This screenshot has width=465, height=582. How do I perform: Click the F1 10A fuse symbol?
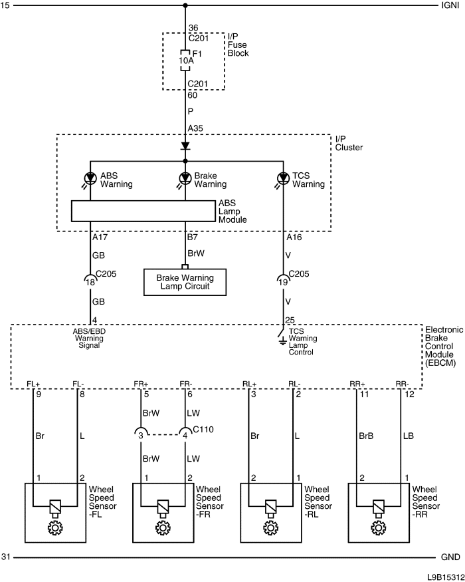coord(185,60)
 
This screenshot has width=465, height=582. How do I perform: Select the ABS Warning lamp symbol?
coord(90,178)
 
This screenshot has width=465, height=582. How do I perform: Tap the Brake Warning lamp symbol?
coord(185,178)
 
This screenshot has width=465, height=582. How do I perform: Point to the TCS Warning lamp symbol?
coord(283,178)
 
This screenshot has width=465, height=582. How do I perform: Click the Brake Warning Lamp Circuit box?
coord(185,282)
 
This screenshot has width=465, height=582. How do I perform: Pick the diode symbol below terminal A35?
coord(185,146)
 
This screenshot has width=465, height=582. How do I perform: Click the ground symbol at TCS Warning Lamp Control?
coord(282,341)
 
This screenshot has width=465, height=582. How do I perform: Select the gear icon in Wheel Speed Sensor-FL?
coord(55,527)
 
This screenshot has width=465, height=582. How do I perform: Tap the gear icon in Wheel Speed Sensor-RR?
coord(378,527)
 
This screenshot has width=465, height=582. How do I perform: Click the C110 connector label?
coord(203,430)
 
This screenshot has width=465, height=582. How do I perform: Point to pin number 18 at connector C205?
coord(90,282)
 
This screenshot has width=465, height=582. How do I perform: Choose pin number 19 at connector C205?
coord(283,282)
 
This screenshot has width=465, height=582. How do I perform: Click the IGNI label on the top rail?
coord(450,5)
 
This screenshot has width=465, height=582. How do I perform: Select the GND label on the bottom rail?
coord(450,557)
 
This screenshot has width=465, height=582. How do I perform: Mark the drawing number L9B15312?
coord(446,577)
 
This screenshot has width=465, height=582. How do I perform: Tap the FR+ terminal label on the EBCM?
coord(141,384)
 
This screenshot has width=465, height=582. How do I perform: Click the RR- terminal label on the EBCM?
coord(402,384)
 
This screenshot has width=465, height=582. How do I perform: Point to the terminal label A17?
coord(100,237)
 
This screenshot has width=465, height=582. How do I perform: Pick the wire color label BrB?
coord(366,436)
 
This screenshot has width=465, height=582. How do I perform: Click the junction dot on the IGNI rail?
coord(185,5)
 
